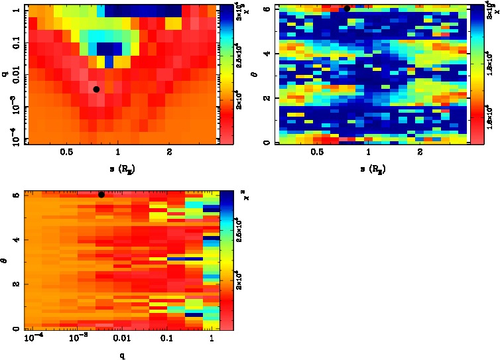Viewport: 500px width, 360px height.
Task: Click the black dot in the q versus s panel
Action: [96, 90]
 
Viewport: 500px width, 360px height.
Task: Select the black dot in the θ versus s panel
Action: [347, 9]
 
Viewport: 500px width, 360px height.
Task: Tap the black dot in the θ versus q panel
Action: [101, 194]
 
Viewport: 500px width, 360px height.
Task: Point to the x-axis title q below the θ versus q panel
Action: [122, 355]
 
